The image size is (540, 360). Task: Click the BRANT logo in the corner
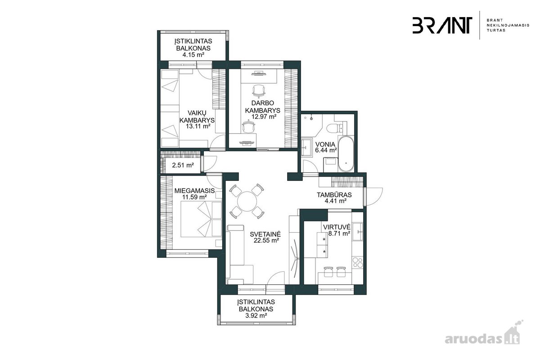(x=442, y=25)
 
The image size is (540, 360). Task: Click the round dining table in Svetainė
(x=247, y=201)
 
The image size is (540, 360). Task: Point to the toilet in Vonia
(x=337, y=128)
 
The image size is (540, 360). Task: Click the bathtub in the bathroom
(x=346, y=154)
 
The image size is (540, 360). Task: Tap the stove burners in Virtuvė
(x=357, y=263)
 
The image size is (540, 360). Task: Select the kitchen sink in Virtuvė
(x=357, y=232)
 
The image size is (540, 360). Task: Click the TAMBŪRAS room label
(x=334, y=194)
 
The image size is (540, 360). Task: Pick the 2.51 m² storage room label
(x=183, y=165)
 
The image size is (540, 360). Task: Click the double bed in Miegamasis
(x=201, y=219)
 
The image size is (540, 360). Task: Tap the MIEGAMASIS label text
(x=194, y=191)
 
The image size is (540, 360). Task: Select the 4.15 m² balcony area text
(x=193, y=54)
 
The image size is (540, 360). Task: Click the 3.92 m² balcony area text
(x=256, y=315)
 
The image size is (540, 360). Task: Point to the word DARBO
(x=263, y=103)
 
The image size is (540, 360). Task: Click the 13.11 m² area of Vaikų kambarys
(x=197, y=126)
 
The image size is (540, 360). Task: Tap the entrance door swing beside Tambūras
(x=374, y=197)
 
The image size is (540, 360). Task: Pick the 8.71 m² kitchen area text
(x=339, y=234)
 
